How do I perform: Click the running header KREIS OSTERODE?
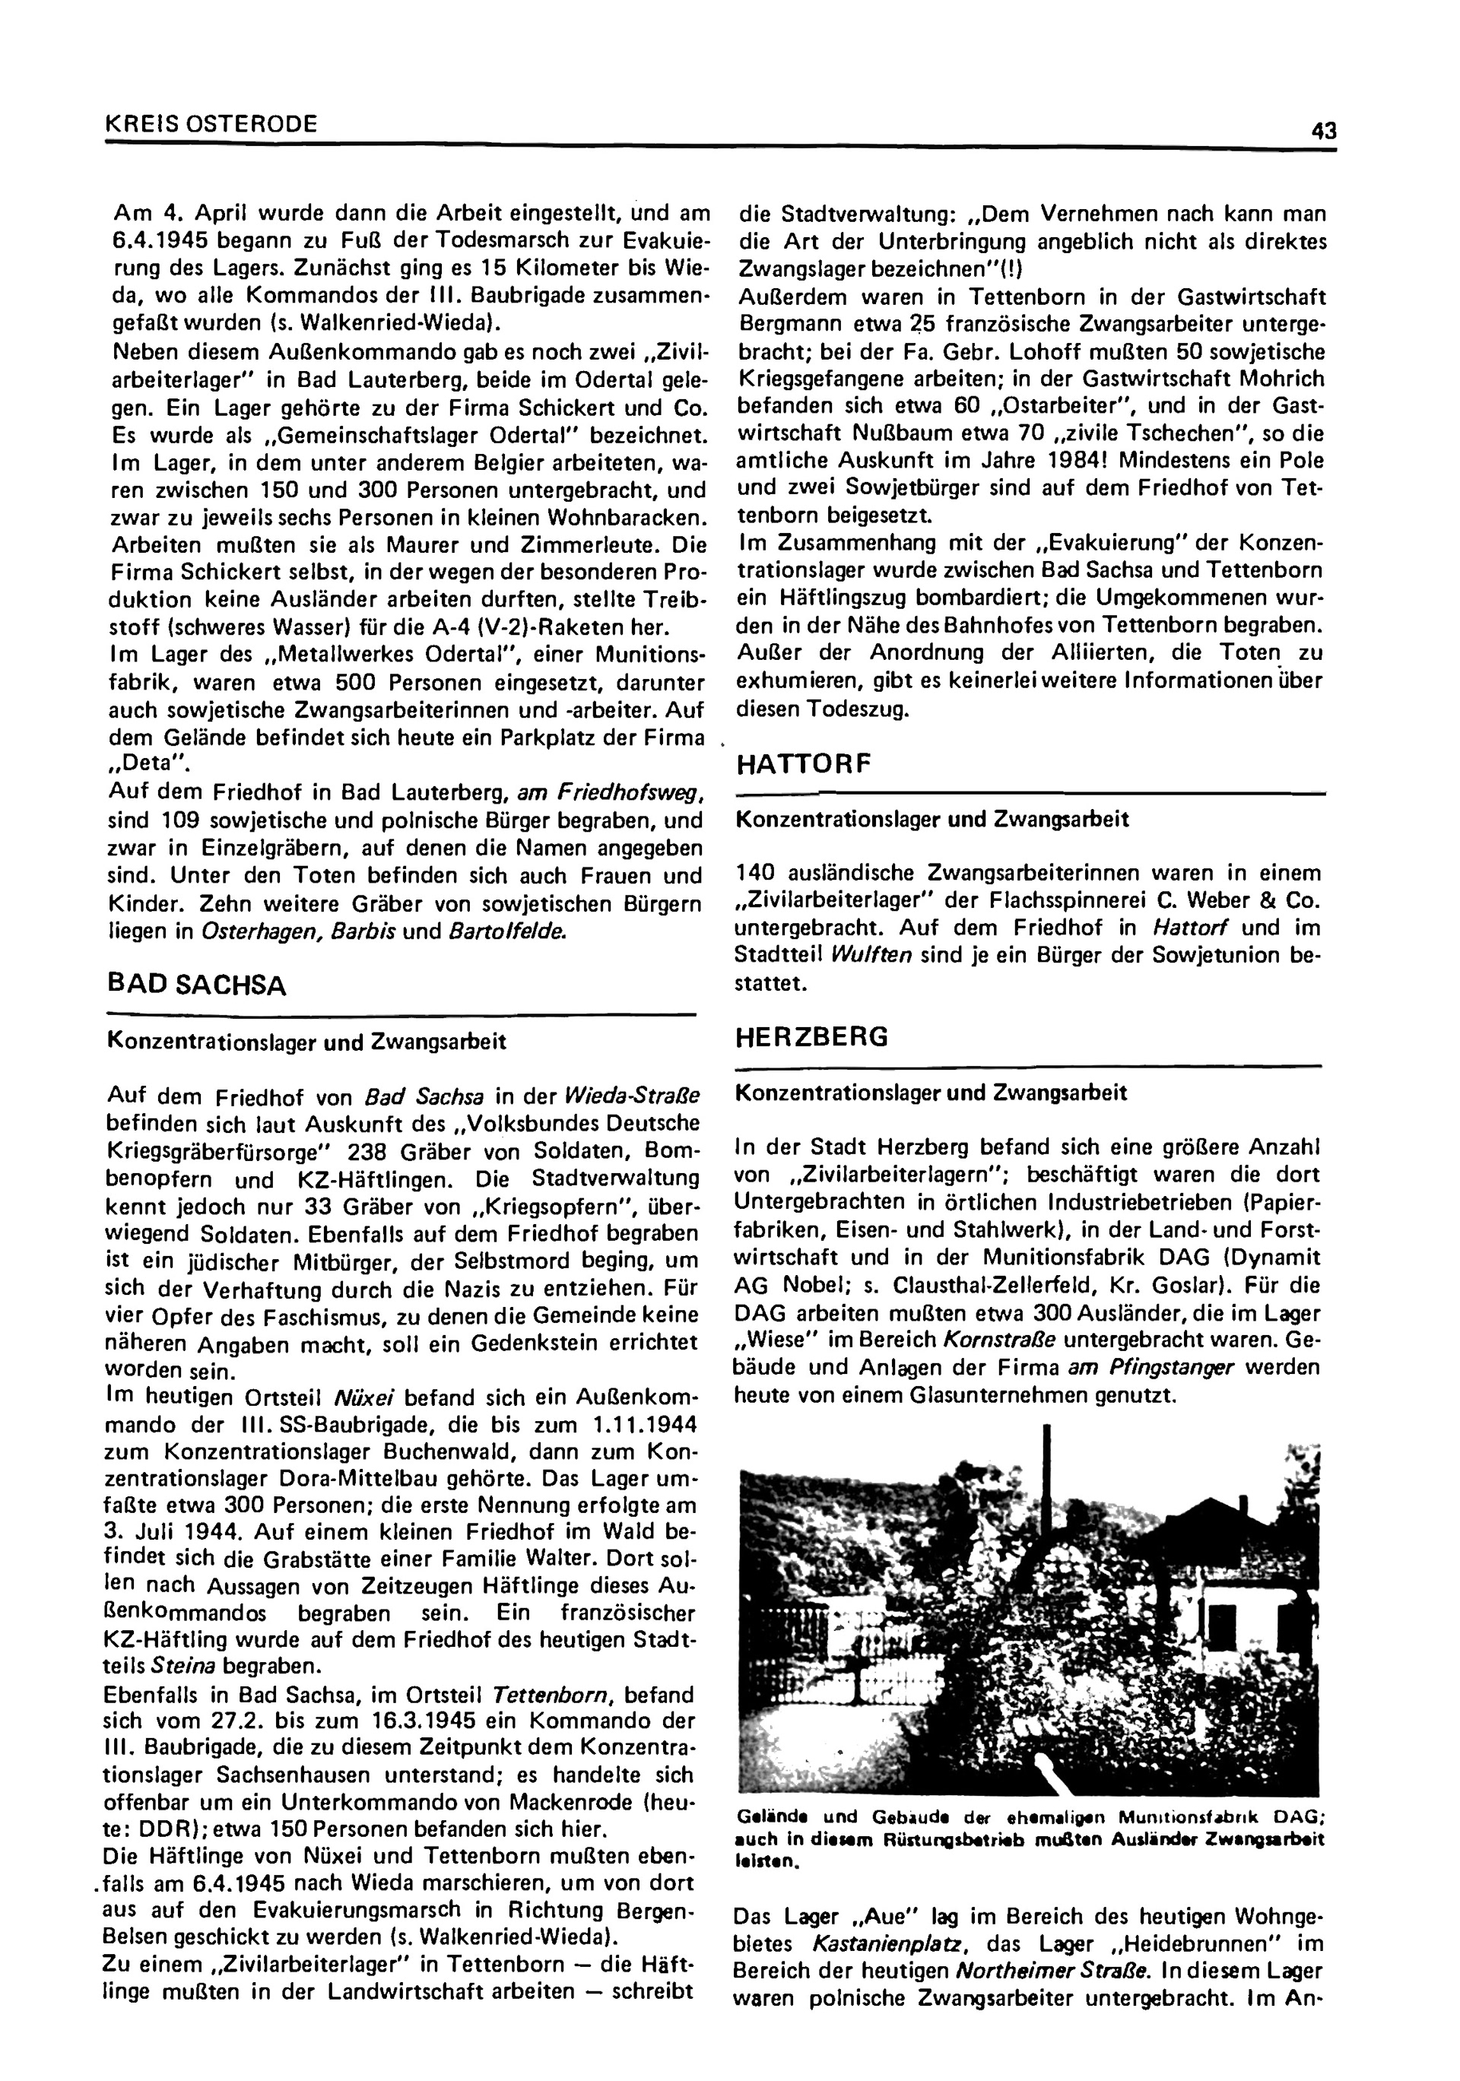coord(212,124)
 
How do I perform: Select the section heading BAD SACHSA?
coord(197,985)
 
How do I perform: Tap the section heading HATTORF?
coord(803,765)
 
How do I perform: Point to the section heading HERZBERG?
coord(811,1037)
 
